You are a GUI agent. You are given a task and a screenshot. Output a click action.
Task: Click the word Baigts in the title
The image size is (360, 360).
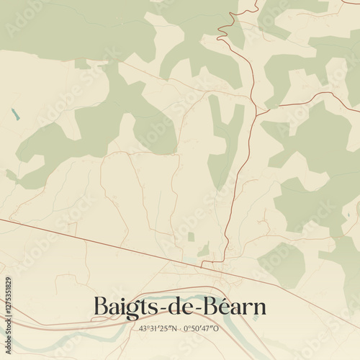(x=124, y=307)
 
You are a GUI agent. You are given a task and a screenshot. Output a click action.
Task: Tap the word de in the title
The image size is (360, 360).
(x=180, y=307)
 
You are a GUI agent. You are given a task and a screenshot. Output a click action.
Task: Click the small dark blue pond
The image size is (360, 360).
(x=14, y=112)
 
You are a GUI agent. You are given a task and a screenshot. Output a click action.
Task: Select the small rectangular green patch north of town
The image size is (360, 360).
(x=191, y=237)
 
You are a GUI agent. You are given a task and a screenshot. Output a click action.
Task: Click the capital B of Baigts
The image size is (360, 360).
(x=102, y=307)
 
